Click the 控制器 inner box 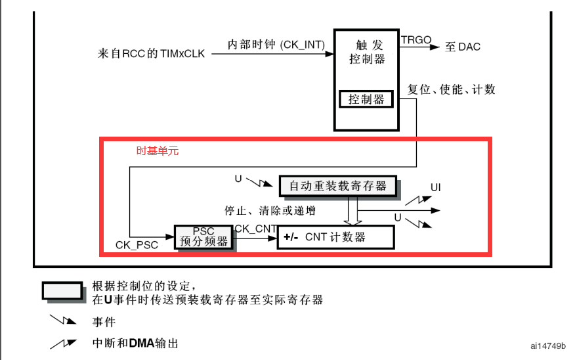pyautogui.click(x=366, y=99)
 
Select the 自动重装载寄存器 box pyautogui.click(x=338, y=186)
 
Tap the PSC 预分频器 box pyautogui.click(x=203, y=236)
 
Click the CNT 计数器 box pyautogui.click(x=335, y=236)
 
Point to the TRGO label pyautogui.click(x=416, y=40)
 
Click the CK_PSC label pyautogui.click(x=137, y=246)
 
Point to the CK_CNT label pyautogui.click(x=255, y=229)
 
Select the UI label pyautogui.click(x=435, y=188)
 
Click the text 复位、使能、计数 pyautogui.click(x=451, y=89)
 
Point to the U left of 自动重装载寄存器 pyautogui.click(x=238, y=178)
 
